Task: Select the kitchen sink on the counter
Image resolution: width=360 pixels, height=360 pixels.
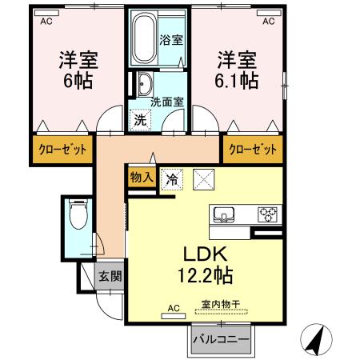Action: click(223, 214)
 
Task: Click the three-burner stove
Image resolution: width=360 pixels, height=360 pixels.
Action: click(266, 214)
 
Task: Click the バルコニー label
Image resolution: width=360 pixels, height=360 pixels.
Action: click(220, 339)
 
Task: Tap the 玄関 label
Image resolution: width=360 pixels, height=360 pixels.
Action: click(110, 276)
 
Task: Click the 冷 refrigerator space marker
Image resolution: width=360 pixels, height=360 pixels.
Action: click(170, 180)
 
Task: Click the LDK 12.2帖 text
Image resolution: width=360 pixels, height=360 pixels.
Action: click(206, 266)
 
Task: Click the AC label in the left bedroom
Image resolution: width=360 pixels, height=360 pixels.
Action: click(48, 21)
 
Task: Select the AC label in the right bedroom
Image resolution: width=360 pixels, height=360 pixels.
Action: click(269, 21)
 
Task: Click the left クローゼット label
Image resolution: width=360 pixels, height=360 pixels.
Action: click(62, 149)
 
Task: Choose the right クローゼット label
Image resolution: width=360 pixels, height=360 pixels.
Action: click(254, 149)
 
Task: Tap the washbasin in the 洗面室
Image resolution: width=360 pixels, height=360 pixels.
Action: click(144, 84)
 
